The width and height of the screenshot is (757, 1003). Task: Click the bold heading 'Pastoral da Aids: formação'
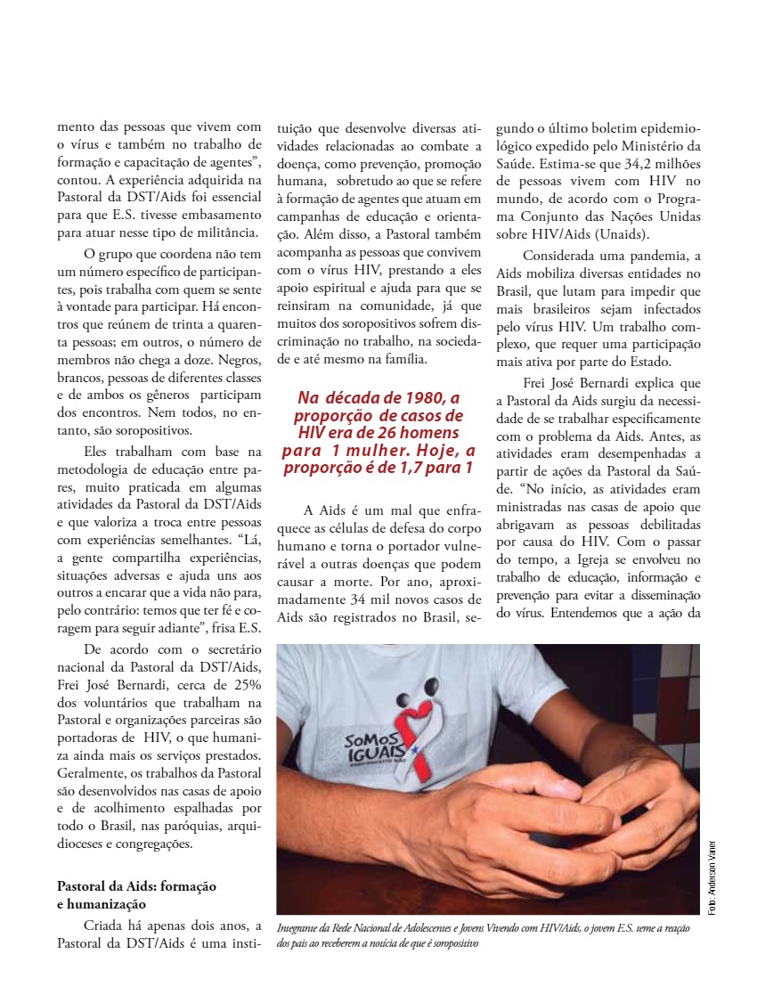136,887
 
